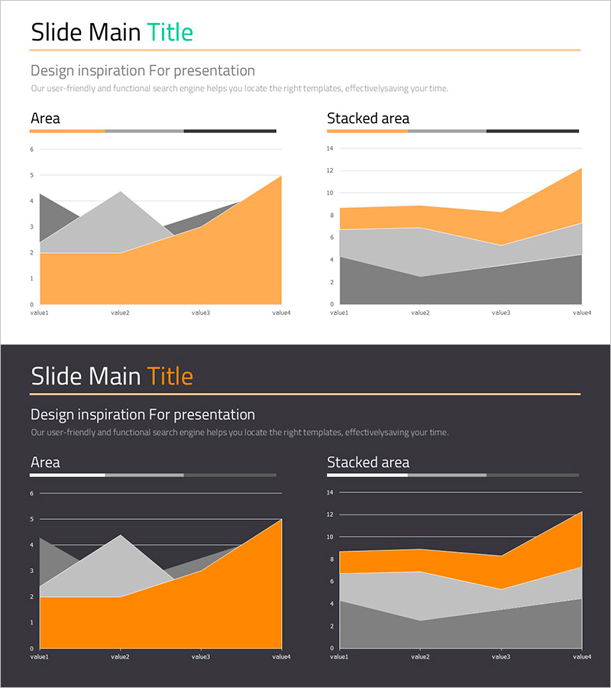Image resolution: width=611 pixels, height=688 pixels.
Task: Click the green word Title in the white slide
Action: [170, 33]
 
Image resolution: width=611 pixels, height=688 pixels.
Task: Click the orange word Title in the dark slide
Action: [170, 377]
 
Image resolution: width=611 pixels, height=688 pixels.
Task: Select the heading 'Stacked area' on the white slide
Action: [368, 118]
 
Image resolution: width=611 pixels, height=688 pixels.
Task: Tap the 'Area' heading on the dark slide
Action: [45, 462]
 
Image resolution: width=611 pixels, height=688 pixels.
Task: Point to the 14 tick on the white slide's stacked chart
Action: [330, 148]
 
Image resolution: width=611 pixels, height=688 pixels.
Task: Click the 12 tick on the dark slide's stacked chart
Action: [330, 514]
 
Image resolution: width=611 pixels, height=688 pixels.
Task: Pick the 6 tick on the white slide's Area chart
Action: [31, 149]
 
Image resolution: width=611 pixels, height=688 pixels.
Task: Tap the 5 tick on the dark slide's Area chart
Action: [31, 519]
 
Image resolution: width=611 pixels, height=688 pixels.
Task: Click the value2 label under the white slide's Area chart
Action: [120, 313]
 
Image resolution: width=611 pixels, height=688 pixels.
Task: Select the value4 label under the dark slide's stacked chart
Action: [582, 657]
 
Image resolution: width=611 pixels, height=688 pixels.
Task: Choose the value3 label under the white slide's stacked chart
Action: [501, 313]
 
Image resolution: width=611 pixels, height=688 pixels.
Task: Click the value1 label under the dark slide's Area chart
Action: [39, 657]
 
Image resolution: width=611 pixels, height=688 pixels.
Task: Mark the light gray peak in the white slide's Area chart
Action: [120, 193]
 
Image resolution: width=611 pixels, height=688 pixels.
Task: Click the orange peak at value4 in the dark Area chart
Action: [280, 521]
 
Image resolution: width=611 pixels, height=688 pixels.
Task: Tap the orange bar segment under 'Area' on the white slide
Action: [67, 131]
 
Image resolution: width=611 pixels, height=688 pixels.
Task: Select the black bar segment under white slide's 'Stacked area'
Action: [532, 131]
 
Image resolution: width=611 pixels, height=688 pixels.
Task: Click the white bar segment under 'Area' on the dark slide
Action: [67, 475]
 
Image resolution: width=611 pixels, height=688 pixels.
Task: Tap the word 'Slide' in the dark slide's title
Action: [57, 377]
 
